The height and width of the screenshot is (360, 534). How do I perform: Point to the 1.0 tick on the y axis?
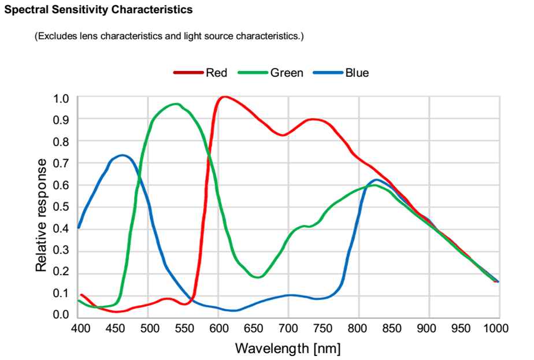pos(62,98)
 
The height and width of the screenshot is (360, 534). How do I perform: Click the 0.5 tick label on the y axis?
pos(62,207)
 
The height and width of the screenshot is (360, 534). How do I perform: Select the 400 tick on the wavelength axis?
pos(79,329)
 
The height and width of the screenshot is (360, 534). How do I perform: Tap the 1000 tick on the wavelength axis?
pos(496,329)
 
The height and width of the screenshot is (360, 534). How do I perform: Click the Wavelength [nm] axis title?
pos(288,349)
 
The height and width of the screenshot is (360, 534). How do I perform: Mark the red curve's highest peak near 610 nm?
pos(224,97)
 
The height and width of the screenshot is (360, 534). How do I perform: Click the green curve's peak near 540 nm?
pos(176,104)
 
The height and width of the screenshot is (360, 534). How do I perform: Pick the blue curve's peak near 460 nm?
pos(122,155)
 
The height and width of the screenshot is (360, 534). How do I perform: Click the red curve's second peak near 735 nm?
pos(313,119)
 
